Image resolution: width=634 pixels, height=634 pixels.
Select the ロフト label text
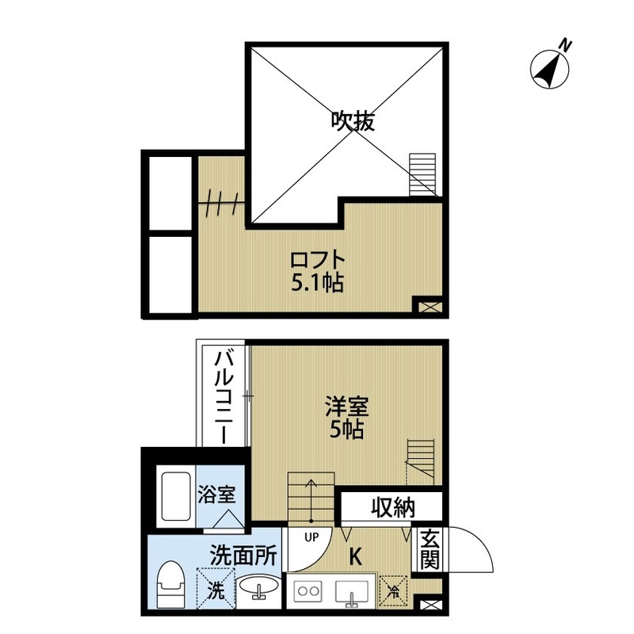[317, 260]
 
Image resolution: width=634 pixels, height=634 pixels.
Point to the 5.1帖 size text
[317, 283]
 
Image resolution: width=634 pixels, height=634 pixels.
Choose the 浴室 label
[216, 495]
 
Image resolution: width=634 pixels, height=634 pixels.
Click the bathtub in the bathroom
[174, 498]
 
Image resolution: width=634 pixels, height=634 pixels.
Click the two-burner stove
[308, 591]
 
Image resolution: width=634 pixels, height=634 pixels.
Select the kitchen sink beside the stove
[349, 591]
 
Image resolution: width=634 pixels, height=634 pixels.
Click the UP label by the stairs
[311, 537]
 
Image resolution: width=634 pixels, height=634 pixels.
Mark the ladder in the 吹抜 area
[422, 174]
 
